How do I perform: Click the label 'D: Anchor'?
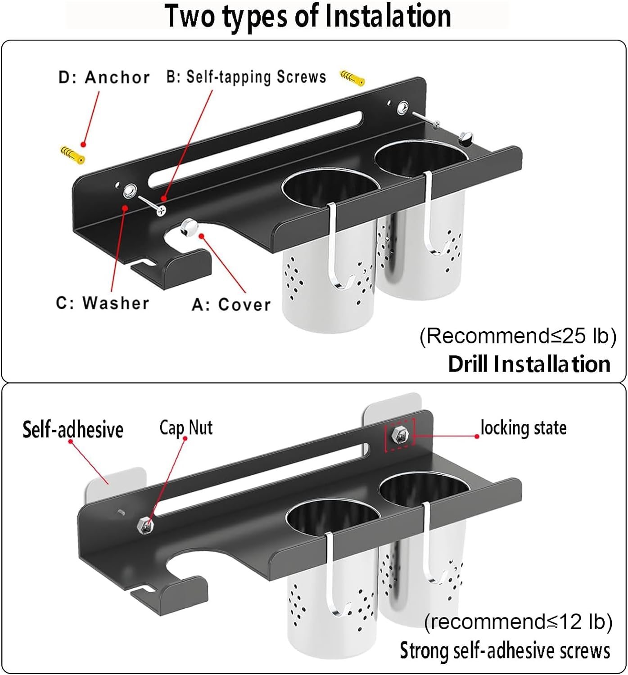(x=104, y=77)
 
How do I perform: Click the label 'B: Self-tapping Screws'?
(x=246, y=76)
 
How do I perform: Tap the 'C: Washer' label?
(x=102, y=303)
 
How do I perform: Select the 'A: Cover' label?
(x=231, y=305)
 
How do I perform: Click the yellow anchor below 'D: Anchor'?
(x=72, y=154)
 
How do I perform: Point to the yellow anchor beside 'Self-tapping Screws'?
(x=352, y=78)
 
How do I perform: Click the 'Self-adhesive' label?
(x=73, y=429)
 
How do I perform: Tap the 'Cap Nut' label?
(x=186, y=427)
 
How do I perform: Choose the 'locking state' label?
(x=523, y=427)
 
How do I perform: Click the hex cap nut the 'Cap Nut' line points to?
(x=145, y=525)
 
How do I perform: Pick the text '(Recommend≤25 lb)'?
(x=518, y=336)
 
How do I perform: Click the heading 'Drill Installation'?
(x=529, y=364)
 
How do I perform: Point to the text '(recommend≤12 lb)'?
(x=518, y=622)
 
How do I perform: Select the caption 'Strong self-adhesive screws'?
(x=505, y=651)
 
